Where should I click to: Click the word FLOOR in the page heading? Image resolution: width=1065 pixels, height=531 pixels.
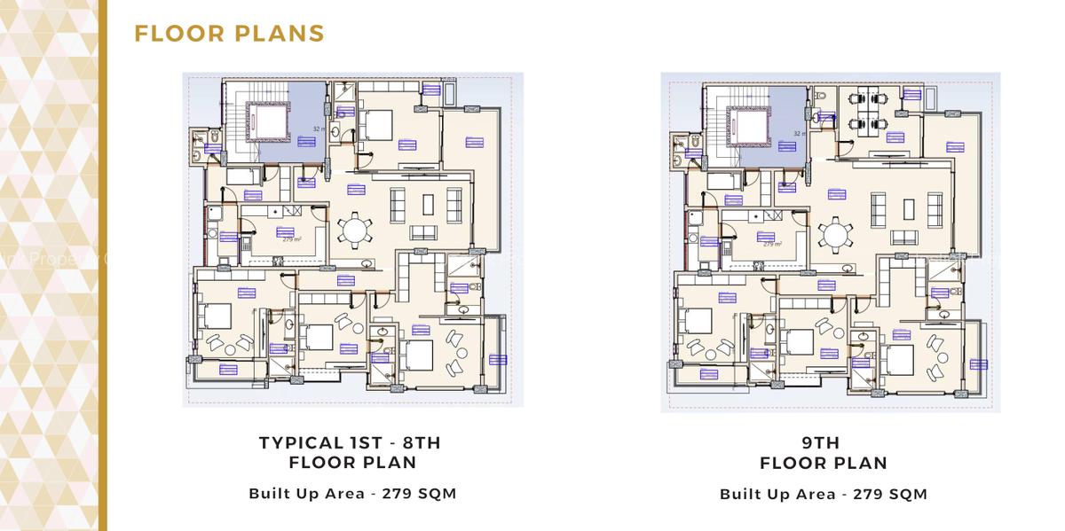(177, 34)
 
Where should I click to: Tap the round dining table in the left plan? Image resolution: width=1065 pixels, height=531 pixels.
(354, 231)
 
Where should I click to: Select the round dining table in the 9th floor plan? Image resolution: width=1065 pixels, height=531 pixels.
(834, 234)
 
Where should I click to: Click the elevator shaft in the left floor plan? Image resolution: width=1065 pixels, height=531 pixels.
(267, 121)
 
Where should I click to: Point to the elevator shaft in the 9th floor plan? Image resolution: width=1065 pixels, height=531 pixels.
(747, 124)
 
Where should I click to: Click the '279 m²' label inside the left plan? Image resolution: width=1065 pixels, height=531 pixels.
(292, 239)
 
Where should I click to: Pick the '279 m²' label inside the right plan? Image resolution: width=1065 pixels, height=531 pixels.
(772, 244)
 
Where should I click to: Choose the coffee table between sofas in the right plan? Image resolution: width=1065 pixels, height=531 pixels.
(905, 208)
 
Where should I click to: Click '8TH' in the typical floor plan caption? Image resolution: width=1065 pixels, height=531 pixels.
(416, 441)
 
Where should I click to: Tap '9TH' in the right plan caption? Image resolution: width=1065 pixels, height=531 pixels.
(824, 441)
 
